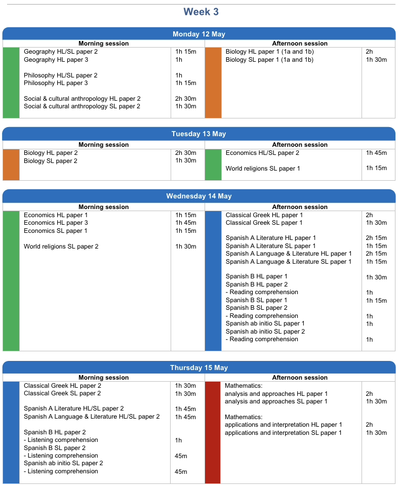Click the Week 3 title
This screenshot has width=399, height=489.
(201, 12)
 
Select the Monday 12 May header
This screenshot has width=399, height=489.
(199, 34)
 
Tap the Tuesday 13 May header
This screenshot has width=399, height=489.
(199, 134)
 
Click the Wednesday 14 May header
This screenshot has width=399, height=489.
(199, 196)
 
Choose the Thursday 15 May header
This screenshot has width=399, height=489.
(199, 368)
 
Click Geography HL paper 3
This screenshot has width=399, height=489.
(56, 60)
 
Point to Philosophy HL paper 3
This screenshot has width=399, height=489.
(56, 83)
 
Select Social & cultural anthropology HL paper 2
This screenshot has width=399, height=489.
(82, 99)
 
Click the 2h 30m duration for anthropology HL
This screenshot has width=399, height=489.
(186, 99)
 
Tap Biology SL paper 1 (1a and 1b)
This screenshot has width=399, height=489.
(269, 60)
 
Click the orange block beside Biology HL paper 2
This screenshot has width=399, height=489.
(11, 165)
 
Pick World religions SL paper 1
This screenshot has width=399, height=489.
(263, 169)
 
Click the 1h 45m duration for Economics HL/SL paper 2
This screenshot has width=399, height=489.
(376, 153)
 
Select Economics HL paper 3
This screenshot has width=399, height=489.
(56, 223)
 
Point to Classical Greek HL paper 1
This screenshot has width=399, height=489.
(264, 215)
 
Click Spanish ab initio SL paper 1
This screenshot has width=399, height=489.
(265, 323)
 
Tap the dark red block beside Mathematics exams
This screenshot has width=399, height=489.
(213, 432)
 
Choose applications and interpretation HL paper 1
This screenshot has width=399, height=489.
(283, 425)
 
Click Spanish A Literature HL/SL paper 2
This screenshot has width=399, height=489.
(74, 409)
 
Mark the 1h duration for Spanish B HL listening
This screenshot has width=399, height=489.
(178, 440)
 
